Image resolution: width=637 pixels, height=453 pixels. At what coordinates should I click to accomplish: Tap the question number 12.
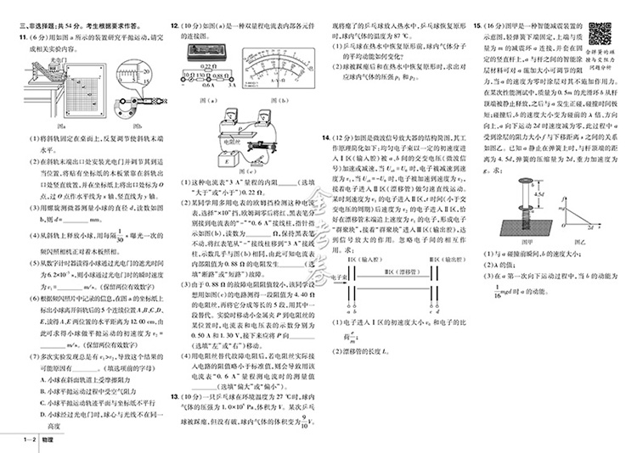[176, 27]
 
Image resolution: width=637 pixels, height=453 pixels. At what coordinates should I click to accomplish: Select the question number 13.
[175, 396]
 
